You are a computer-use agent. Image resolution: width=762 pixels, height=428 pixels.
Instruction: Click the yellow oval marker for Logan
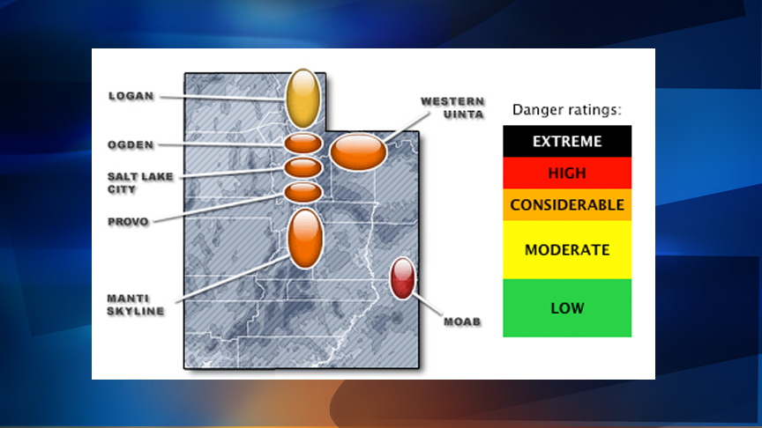pos(303,99)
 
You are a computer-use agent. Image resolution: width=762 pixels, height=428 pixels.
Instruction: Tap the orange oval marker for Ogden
pos(303,144)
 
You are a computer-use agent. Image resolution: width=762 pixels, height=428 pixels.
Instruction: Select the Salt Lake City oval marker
pos(303,167)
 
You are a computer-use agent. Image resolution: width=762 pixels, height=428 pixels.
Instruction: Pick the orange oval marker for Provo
pos(303,192)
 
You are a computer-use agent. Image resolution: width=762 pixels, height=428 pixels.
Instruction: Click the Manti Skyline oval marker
pos(305,239)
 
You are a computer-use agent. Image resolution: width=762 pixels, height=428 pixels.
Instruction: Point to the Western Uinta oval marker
pos(358,151)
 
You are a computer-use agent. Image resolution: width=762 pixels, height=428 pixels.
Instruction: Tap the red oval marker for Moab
pos(402,278)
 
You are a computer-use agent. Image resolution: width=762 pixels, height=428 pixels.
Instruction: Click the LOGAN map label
pos(131,96)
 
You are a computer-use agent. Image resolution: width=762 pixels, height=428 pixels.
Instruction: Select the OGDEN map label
pos(131,144)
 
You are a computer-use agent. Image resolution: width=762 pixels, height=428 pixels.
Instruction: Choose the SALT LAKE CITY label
pos(140,183)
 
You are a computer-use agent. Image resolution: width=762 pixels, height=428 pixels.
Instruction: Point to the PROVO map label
pos(128,222)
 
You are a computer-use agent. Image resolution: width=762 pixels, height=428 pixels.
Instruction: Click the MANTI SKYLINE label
pos(136,305)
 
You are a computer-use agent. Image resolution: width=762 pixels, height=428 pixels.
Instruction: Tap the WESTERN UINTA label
pos(452,107)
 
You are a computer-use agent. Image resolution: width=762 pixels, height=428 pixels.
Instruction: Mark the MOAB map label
pos(462,321)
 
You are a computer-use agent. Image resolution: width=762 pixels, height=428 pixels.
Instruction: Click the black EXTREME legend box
pos(567,141)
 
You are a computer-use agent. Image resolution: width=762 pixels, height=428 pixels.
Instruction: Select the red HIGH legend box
pos(567,173)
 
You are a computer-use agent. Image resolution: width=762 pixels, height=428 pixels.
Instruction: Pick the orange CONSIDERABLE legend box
pos(567,205)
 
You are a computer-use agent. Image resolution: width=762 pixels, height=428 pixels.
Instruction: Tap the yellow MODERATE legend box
pos(567,249)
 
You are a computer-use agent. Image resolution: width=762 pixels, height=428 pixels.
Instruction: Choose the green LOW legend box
pos(567,307)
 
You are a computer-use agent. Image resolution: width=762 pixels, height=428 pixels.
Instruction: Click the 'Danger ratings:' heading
pos(567,110)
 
